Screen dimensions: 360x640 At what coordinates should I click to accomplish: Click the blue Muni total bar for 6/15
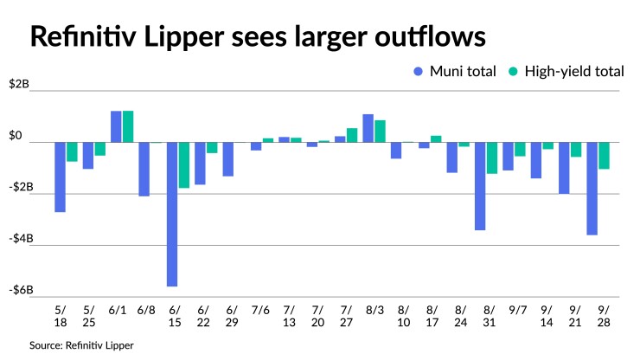tap(172, 214)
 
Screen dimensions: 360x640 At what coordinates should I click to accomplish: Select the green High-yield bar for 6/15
tap(184, 164)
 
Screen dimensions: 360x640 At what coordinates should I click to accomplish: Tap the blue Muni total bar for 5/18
tap(60, 177)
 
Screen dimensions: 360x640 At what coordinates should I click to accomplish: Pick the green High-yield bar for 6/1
tap(128, 126)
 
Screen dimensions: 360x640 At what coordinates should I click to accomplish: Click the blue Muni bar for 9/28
tap(592, 188)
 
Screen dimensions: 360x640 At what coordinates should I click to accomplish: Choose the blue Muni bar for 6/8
tap(144, 169)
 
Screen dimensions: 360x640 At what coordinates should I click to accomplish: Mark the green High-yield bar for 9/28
tap(605, 155)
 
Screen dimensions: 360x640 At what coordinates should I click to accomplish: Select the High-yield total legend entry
tap(566, 72)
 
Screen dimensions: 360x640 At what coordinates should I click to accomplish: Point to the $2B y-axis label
tap(20, 85)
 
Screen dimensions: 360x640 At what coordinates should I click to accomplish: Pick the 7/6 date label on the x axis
tap(261, 309)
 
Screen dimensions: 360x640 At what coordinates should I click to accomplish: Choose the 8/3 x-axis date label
tap(374, 309)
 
